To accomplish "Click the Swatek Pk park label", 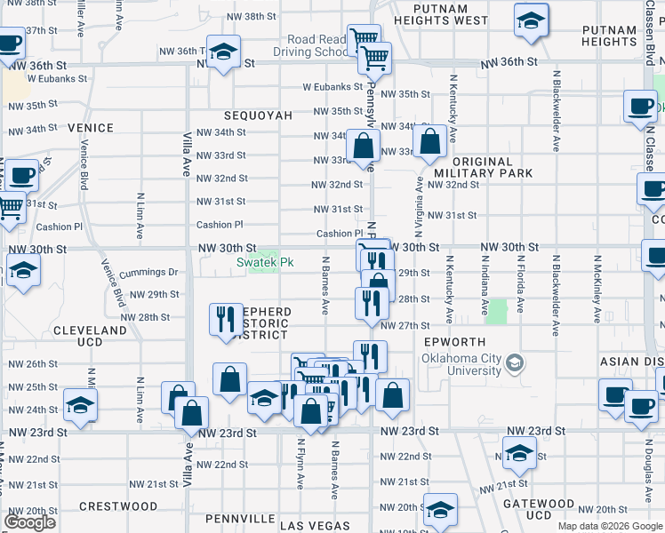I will pyautogui.click(x=264, y=262).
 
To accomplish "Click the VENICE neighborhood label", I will pyautogui.click(x=91, y=128).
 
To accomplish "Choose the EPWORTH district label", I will pyautogui.click(x=454, y=342).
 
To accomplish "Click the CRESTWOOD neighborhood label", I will pyautogui.click(x=118, y=506).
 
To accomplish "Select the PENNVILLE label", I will pyautogui.click(x=240, y=518).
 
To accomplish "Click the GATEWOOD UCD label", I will pyautogui.click(x=538, y=509).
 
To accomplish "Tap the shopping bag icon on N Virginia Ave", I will pyautogui.click(x=429, y=141).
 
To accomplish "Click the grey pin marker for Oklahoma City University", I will pyautogui.click(x=513, y=363).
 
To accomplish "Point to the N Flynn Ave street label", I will pyautogui.click(x=301, y=466).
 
